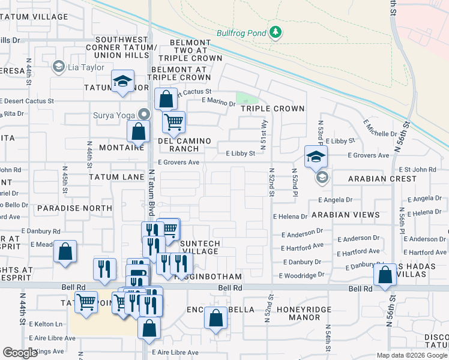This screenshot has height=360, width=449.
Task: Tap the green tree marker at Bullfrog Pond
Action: pyautogui.click(x=276, y=31)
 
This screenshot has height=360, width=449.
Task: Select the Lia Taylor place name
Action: pyautogui.click(x=86, y=67)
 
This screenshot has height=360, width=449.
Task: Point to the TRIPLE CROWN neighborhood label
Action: pyautogui.click(x=273, y=109)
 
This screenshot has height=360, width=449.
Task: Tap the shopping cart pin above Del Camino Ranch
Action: pyautogui.click(x=173, y=122)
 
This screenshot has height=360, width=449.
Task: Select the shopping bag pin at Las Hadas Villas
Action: pyautogui.click(x=385, y=275)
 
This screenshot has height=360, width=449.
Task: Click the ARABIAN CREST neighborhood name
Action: pyautogui.click(x=382, y=179)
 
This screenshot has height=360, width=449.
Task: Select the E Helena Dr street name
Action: pyautogui.click(x=290, y=216)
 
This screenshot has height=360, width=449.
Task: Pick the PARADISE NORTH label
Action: pyautogui.click(x=74, y=208)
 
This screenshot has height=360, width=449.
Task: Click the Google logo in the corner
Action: pyautogui.click(x=20, y=353)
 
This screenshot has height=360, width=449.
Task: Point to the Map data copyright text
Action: pyautogui.click(x=411, y=355)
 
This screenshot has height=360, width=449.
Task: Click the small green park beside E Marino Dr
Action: pyautogui.click(x=246, y=98)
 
